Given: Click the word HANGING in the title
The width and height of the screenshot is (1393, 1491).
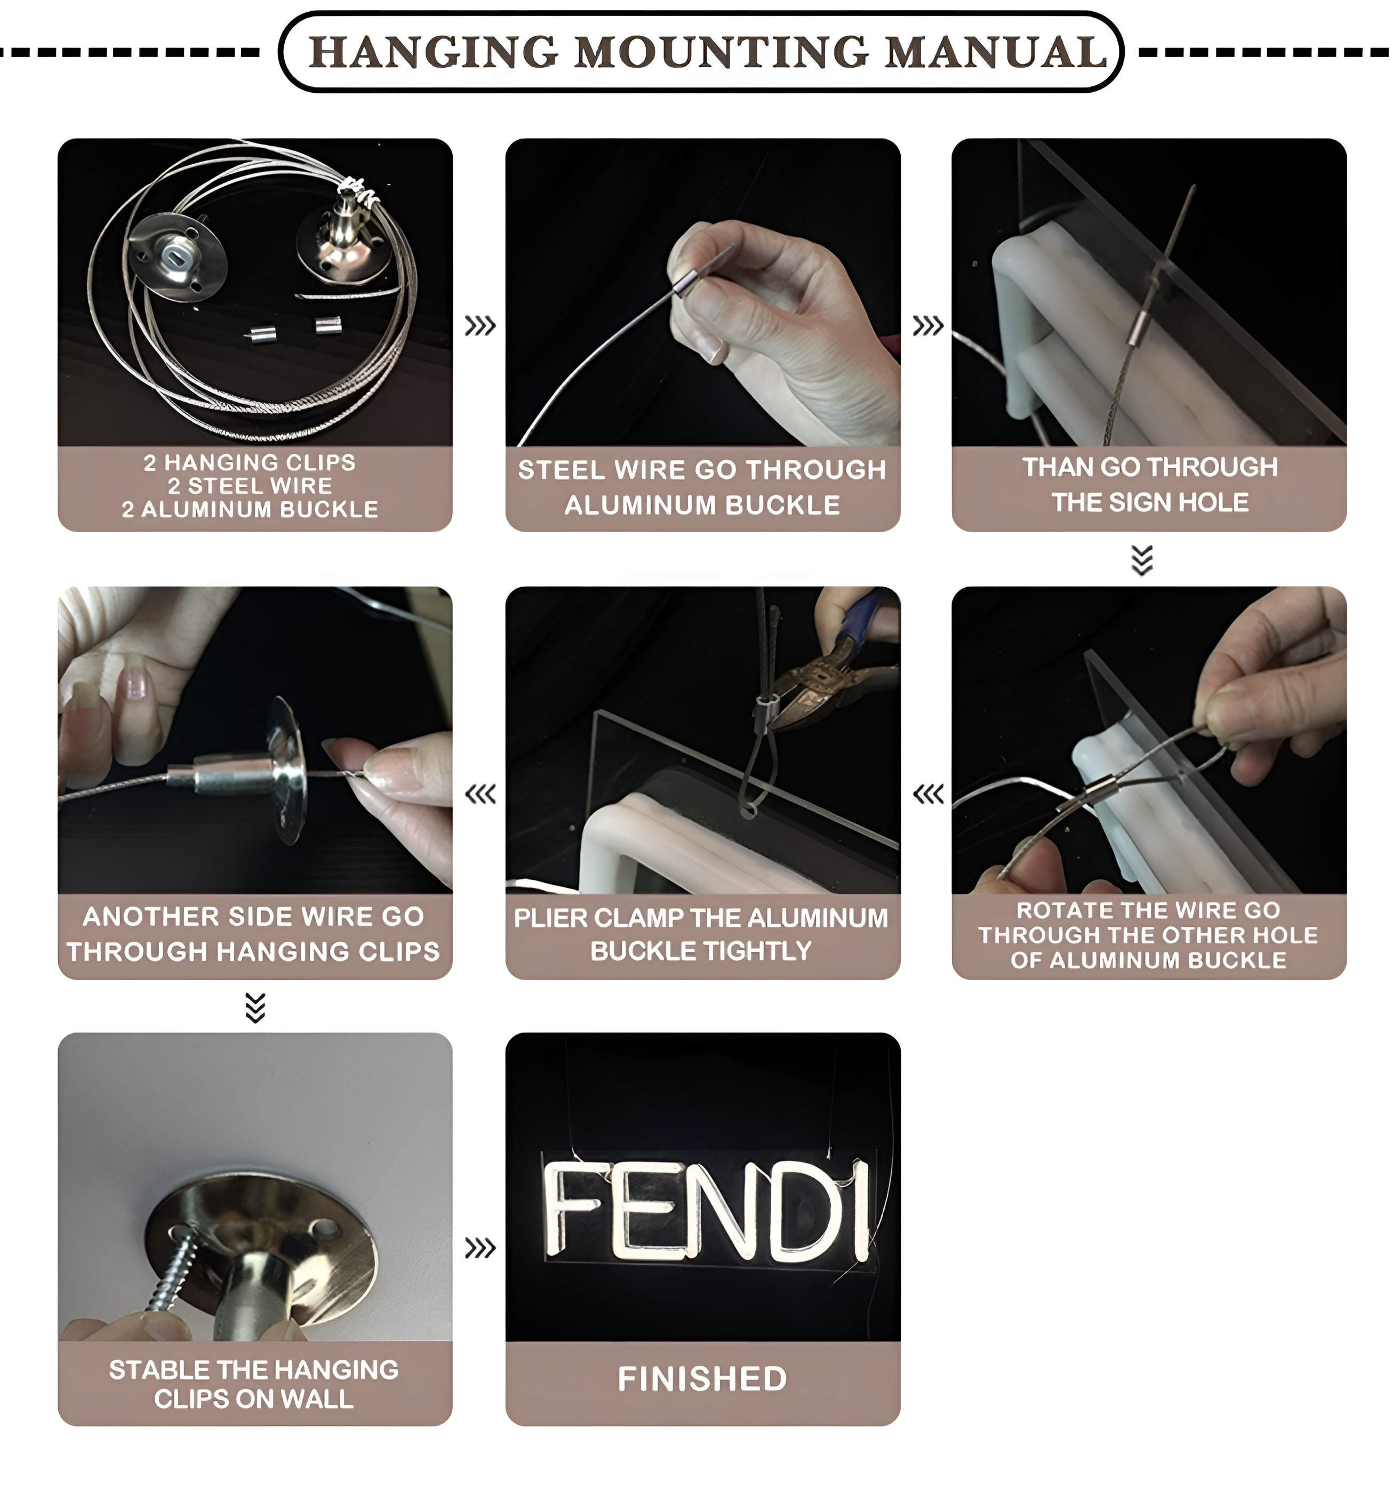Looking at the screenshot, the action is [434, 52].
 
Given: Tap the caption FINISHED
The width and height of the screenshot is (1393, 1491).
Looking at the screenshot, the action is [702, 1378].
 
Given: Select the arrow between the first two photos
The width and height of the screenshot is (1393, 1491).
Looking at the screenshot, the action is [480, 325].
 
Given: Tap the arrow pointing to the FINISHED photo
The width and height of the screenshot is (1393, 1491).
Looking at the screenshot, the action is [480, 1248].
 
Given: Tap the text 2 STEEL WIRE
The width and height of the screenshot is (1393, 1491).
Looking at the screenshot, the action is [249, 486].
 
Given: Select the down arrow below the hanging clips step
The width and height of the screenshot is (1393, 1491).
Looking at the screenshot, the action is [255, 1008].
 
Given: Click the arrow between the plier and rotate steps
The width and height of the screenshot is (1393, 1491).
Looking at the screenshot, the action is [928, 793].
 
